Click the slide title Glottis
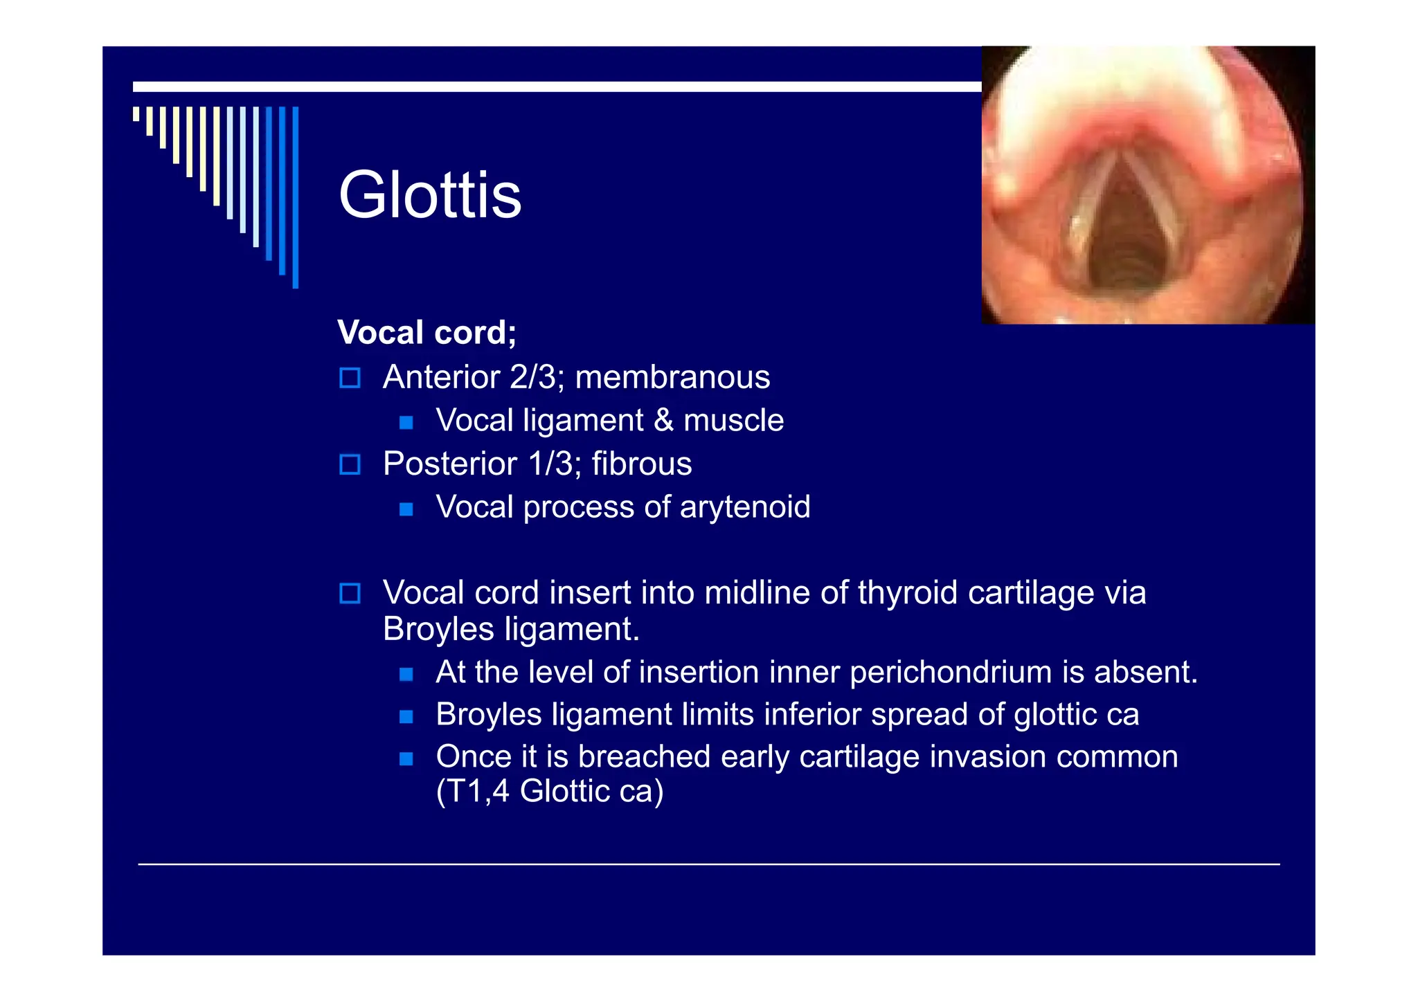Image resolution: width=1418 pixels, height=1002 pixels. pyautogui.click(x=429, y=196)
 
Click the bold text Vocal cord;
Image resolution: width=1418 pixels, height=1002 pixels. pyautogui.click(x=427, y=333)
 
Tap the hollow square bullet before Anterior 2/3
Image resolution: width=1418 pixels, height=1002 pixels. pyautogui.click(x=350, y=378)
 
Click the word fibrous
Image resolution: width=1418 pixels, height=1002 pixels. pyautogui.click(x=641, y=464)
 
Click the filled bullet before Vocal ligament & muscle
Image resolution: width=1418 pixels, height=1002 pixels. pyautogui.click(x=406, y=422)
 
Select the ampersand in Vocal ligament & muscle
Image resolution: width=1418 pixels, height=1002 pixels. pyautogui.click(x=663, y=421)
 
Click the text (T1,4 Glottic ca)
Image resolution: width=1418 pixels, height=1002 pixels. pyautogui.click(x=550, y=792)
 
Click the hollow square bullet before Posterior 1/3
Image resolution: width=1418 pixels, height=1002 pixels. pyautogui.click(x=350, y=464)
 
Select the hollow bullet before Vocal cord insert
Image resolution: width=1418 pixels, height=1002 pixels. pyautogui.click(x=350, y=594)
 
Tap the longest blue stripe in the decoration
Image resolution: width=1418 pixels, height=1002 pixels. pyautogui.click(x=296, y=197)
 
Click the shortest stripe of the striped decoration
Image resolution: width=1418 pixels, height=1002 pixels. pyautogui.click(x=136, y=113)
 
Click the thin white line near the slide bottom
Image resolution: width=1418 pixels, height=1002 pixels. pyautogui.click(x=708, y=864)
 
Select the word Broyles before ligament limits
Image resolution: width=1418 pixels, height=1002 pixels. pyautogui.click(x=488, y=715)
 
